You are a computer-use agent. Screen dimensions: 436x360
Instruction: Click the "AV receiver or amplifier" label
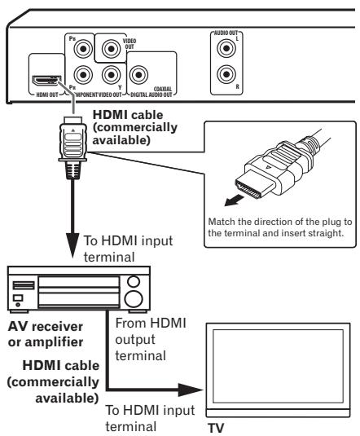click(41, 332)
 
